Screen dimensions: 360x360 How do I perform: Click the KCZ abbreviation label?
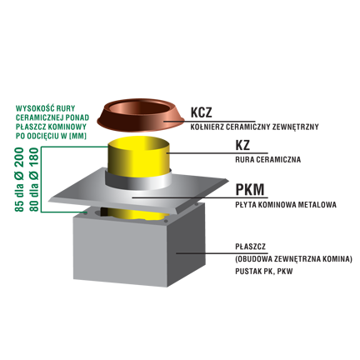[201, 112]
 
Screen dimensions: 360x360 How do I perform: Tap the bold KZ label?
[242, 145]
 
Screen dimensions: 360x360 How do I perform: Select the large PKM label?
[250, 189]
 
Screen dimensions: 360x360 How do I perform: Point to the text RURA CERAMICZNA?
[268, 160]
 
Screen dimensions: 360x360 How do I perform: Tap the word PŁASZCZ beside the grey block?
[250, 247]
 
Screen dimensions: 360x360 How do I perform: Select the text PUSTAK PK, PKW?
[264, 271]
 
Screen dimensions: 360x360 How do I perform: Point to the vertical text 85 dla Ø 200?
[20, 180]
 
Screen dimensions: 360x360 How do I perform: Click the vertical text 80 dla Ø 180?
[34, 180]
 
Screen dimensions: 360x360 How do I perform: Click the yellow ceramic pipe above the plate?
[139, 156]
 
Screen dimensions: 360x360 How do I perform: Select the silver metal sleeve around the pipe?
[138, 182]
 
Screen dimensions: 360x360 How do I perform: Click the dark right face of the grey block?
[186, 244]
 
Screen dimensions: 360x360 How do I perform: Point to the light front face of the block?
[120, 250]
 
